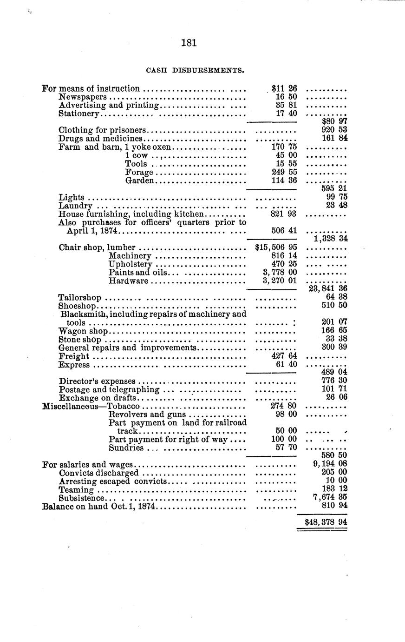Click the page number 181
click(189, 43)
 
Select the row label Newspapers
click(83, 97)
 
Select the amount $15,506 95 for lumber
click(276, 247)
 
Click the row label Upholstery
click(131, 264)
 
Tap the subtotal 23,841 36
click(328, 288)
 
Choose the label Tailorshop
click(80, 297)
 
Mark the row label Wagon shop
click(84, 331)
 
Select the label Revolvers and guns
click(147, 414)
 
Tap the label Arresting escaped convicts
click(113, 481)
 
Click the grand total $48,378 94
click(326, 522)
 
